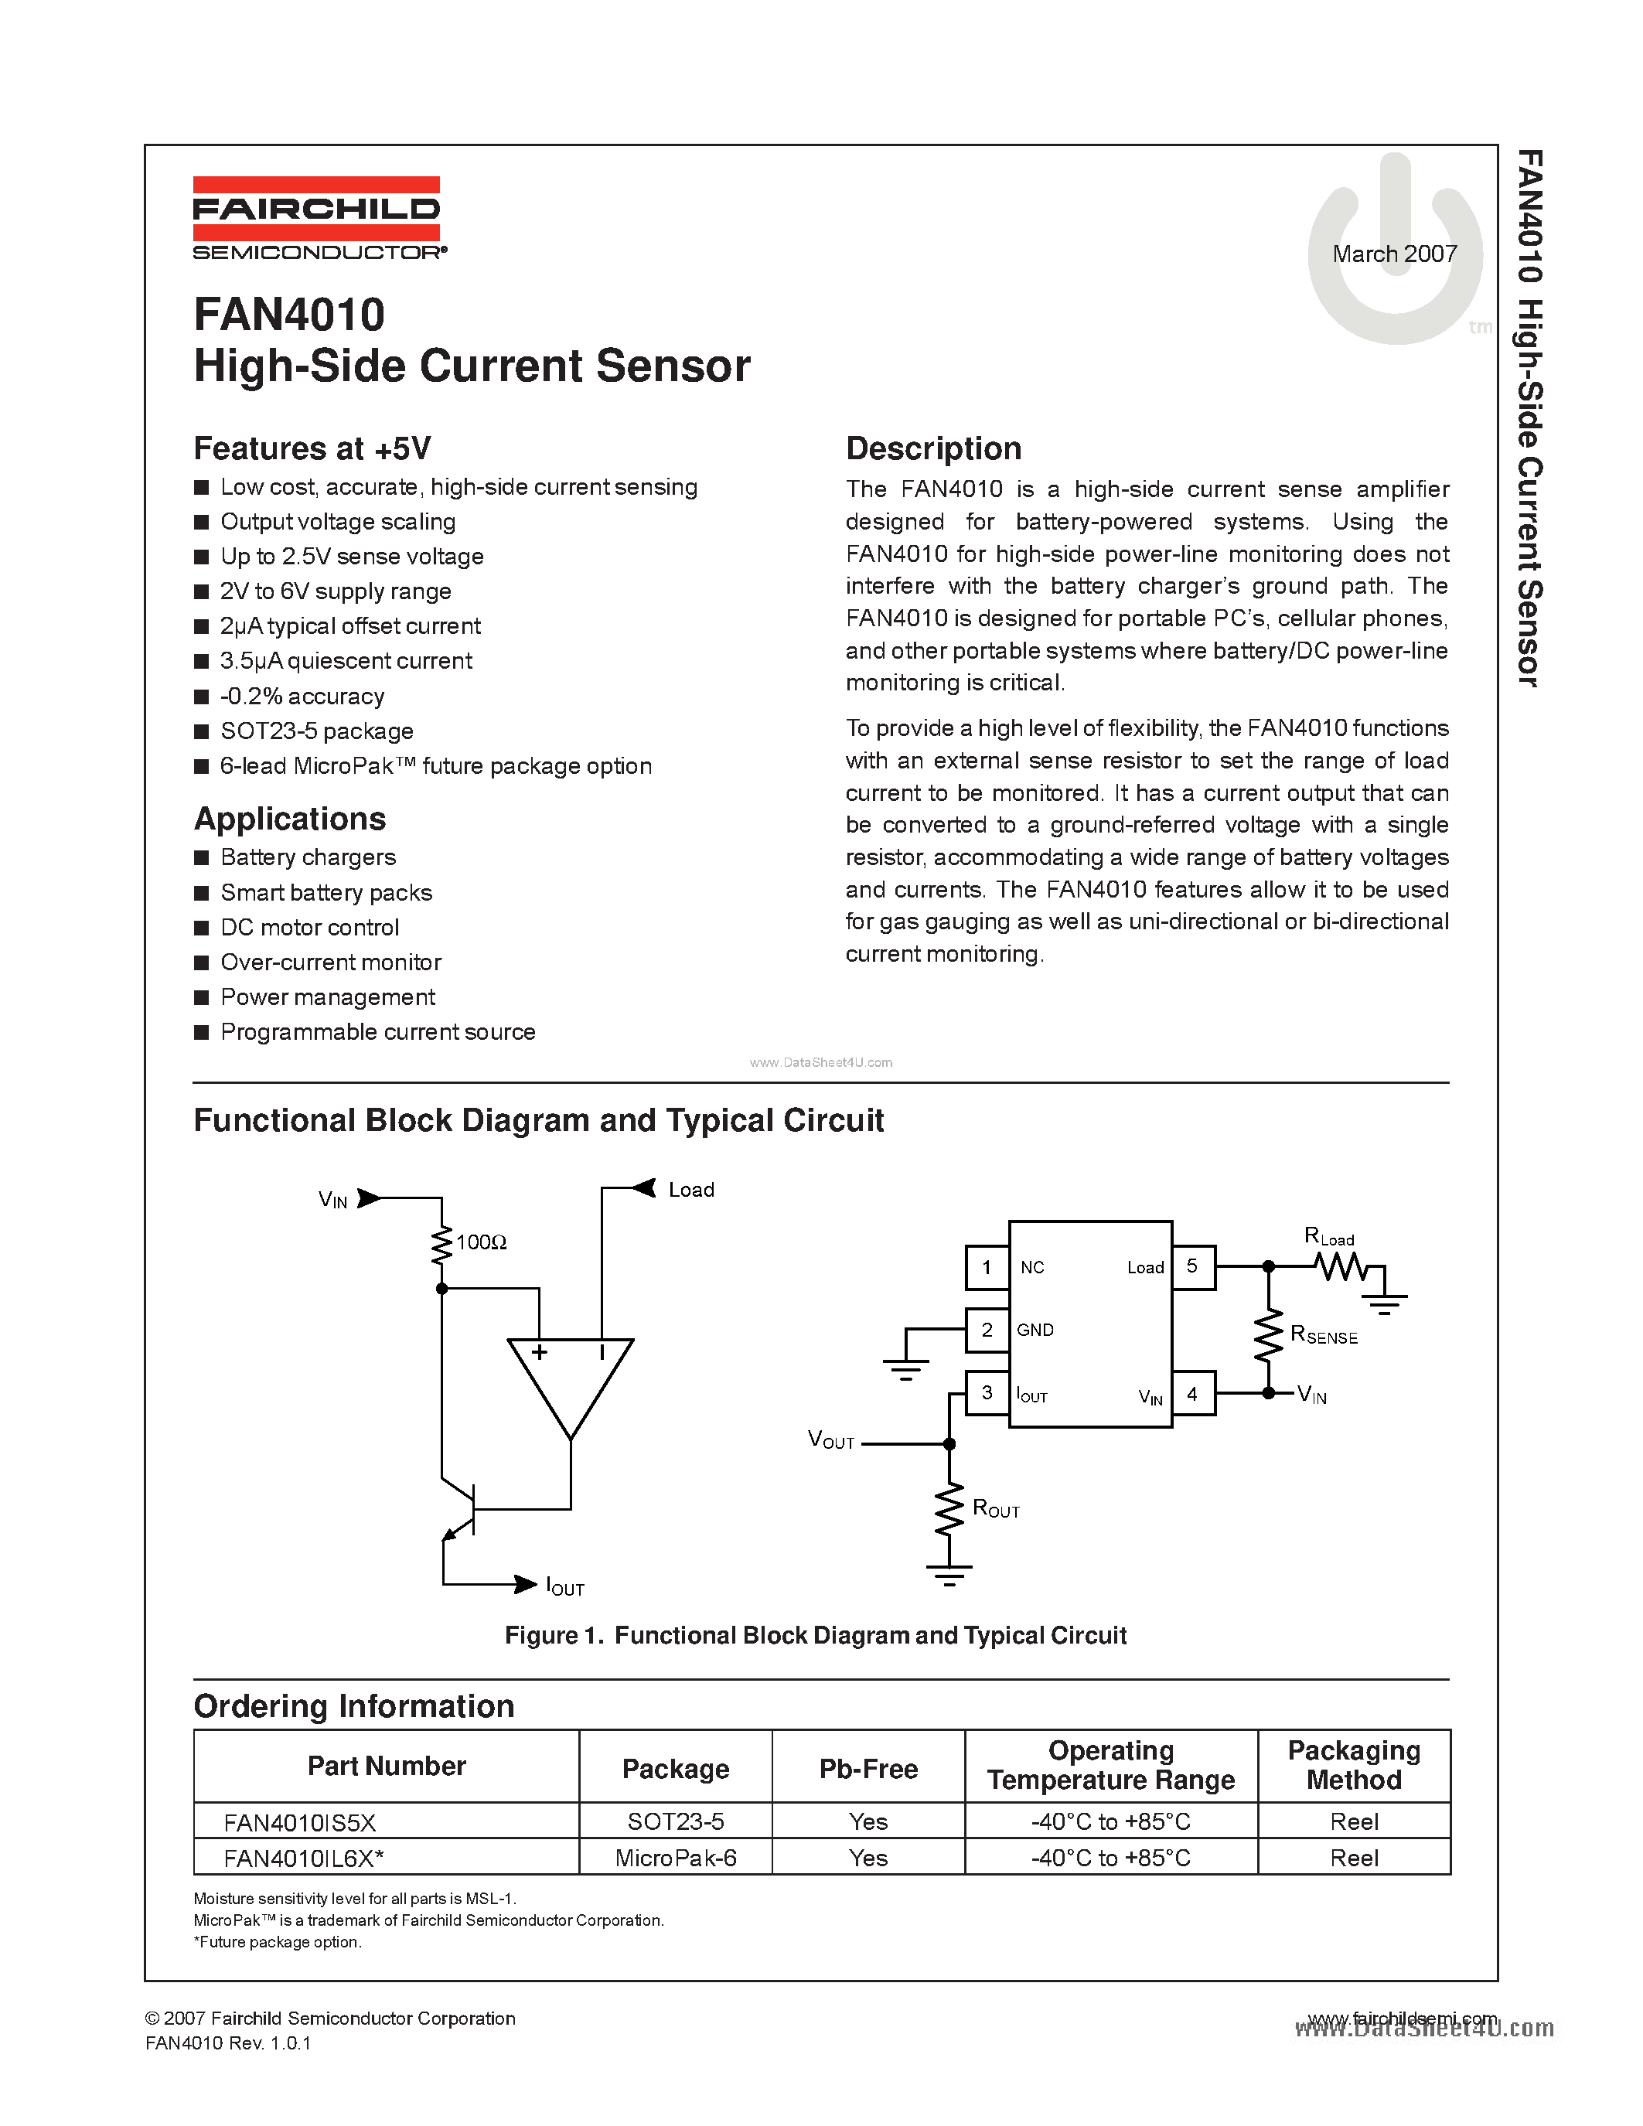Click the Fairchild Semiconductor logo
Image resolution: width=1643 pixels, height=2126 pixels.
pyautogui.click(x=317, y=218)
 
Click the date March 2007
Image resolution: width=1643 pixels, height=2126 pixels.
pyautogui.click(x=1394, y=254)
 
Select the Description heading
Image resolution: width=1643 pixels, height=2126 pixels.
pyautogui.click(x=933, y=448)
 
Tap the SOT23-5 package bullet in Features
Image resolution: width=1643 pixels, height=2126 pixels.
pyautogui.click(x=316, y=731)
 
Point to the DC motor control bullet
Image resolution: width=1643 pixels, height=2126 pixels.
pyautogui.click(x=309, y=928)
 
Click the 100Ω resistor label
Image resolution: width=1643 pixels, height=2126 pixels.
pyautogui.click(x=482, y=1242)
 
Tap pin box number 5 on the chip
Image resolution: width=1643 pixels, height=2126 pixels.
pyautogui.click(x=1192, y=1266)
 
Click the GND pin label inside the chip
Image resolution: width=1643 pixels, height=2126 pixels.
pyautogui.click(x=1035, y=1330)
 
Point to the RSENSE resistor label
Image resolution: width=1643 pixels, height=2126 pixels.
pyautogui.click(x=1323, y=1336)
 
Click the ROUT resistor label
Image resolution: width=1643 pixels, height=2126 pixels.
pyautogui.click(x=996, y=1509)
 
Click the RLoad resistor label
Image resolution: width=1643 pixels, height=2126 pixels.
pyautogui.click(x=1328, y=1237)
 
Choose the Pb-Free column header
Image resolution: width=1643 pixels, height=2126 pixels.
pyautogui.click(x=868, y=1769)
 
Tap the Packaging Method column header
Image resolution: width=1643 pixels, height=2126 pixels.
pyautogui.click(x=1354, y=1765)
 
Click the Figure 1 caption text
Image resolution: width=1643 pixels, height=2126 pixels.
pyautogui.click(x=816, y=1635)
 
